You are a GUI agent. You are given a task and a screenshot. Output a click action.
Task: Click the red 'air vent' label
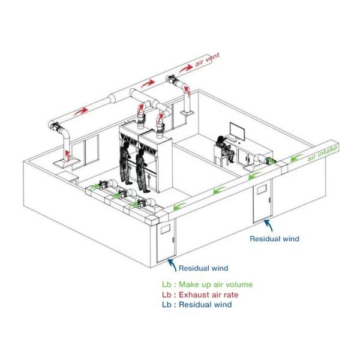coord(208,59)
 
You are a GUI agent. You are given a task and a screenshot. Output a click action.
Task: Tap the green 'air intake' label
coord(323,152)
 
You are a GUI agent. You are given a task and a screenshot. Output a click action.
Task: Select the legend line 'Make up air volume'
coord(208,284)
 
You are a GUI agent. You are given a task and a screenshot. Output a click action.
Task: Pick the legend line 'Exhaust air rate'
coord(200,295)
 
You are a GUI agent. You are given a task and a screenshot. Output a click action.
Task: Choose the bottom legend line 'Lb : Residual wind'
coord(197,305)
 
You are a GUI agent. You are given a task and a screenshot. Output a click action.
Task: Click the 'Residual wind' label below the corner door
coord(203,268)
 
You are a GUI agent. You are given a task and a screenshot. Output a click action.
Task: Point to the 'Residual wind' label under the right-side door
coord(275,239)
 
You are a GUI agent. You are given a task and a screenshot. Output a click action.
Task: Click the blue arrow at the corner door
coord(172,265)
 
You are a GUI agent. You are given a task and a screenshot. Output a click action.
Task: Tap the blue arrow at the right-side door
coord(269,225)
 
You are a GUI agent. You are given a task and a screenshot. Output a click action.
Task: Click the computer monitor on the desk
coord(237,131)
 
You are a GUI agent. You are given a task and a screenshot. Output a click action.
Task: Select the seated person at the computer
coord(225,149)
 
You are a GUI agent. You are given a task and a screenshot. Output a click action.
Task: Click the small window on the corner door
coord(166,229)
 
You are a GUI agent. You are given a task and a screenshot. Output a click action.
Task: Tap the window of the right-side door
coord(262,190)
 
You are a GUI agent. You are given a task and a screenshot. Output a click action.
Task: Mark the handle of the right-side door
coord(270,200)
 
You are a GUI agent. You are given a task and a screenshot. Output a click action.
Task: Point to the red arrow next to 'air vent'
coord(186,68)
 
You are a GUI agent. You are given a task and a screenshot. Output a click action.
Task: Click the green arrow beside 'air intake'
coord(296,158)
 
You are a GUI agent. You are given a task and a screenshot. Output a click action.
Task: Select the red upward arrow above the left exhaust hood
coord(67,155)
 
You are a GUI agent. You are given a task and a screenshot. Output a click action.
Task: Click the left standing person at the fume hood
coord(126,163)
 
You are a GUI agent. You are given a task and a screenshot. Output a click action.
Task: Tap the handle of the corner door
coord(173,239)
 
